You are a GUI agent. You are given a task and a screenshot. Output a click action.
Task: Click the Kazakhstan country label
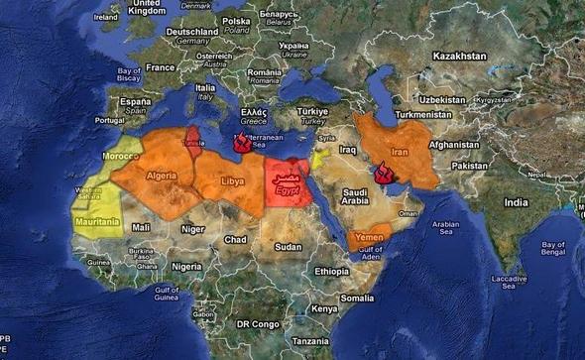459,58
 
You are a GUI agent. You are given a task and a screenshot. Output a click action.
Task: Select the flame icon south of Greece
239,143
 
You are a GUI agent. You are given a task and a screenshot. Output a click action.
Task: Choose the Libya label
232,181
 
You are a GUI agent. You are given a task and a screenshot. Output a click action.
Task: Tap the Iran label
400,152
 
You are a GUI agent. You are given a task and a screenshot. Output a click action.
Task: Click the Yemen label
369,238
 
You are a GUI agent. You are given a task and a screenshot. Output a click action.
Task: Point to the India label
517,201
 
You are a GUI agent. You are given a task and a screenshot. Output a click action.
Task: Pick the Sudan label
289,246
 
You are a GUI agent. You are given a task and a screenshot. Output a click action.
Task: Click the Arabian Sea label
445,229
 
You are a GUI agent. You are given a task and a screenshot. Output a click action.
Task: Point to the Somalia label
358,298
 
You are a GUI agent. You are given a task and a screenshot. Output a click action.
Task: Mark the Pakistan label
471,166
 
